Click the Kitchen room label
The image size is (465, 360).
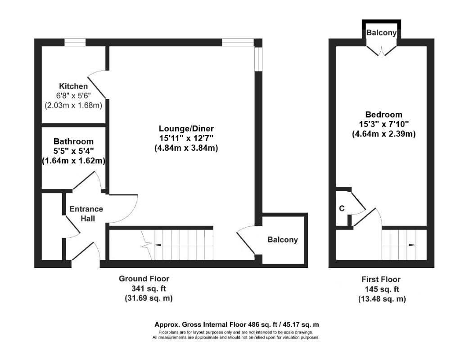click(x=73, y=86)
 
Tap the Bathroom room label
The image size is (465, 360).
click(x=73, y=141)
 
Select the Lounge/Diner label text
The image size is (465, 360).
click(x=186, y=129)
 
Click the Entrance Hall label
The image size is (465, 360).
click(x=86, y=214)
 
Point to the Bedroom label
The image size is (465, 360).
click(x=384, y=114)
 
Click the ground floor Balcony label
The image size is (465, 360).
click(x=283, y=239)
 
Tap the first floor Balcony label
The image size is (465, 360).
click(x=381, y=32)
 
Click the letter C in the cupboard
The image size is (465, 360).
click(x=342, y=208)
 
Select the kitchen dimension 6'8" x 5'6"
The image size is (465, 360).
click(x=73, y=96)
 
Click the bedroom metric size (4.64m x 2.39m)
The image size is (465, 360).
click(x=384, y=134)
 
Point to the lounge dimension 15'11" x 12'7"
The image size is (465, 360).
click(x=186, y=138)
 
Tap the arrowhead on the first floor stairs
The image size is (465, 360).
click(x=412, y=245)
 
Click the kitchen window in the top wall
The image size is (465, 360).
click(x=75, y=43)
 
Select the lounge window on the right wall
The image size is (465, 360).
click(x=258, y=59)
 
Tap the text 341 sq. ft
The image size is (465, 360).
click(x=149, y=288)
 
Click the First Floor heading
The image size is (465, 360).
click(x=381, y=279)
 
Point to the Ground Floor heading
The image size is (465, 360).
click(x=144, y=279)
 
